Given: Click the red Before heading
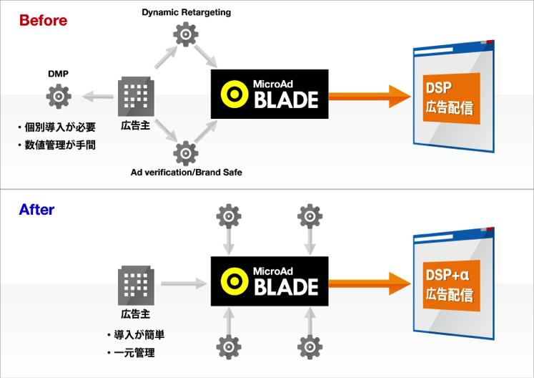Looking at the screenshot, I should pos(43,21).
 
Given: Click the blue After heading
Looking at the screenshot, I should pos(36,210).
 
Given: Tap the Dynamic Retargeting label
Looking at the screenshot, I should pos(187,12).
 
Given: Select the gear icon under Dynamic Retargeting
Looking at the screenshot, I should pos(186,34).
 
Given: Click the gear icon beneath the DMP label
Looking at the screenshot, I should pos(57,94).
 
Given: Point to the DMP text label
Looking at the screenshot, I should pos(58,73).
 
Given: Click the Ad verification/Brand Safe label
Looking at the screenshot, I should pos(185,172).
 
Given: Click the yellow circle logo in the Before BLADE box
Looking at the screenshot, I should pos(232,94).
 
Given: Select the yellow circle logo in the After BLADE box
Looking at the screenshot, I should pos(232,283).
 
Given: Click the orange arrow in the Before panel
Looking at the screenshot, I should pos(368,94).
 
